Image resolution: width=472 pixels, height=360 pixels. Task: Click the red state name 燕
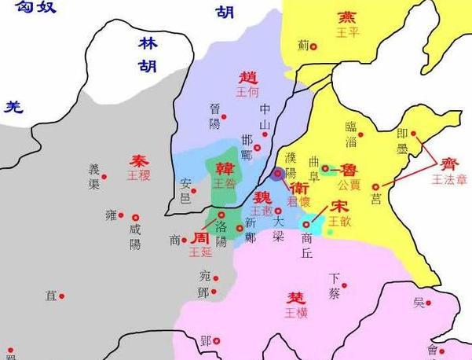pyautogui.click(x=346, y=17)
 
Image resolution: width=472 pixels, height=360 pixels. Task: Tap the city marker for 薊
pyautogui.click(x=313, y=47)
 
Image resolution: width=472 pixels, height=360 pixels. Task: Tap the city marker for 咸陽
pyautogui.click(x=135, y=217)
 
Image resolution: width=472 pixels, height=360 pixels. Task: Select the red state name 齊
pyautogui.click(x=450, y=163)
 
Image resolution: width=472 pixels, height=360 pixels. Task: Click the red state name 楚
pyautogui.click(x=297, y=298)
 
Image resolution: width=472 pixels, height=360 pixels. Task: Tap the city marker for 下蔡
pyautogui.click(x=344, y=286)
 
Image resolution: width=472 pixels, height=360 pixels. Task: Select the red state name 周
pyautogui.click(x=200, y=237)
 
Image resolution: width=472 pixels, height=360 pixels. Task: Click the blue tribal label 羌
pyautogui.click(x=13, y=107)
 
